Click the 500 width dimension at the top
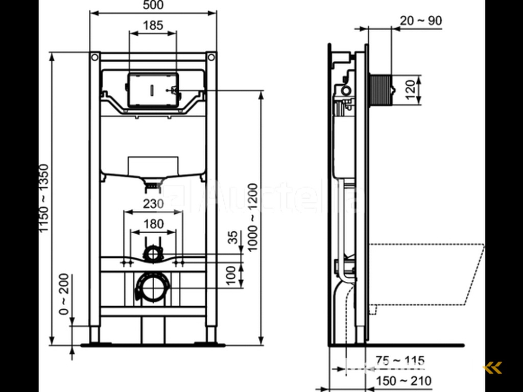pyautogui.click(x=153, y=6)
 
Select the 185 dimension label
pyautogui.click(x=153, y=25)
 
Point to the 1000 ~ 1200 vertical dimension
pyautogui.click(x=252, y=217)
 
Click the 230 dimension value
pyautogui.click(x=153, y=204)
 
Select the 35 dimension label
pyautogui.click(x=232, y=238)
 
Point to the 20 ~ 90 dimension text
pyautogui.click(x=421, y=20)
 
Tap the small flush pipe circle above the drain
pyautogui.click(x=152, y=253)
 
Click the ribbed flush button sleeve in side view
pyautogui.click(x=380, y=90)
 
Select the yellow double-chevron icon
pyautogui.click(x=493, y=367)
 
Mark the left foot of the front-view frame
pyautogui.click(x=95, y=335)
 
